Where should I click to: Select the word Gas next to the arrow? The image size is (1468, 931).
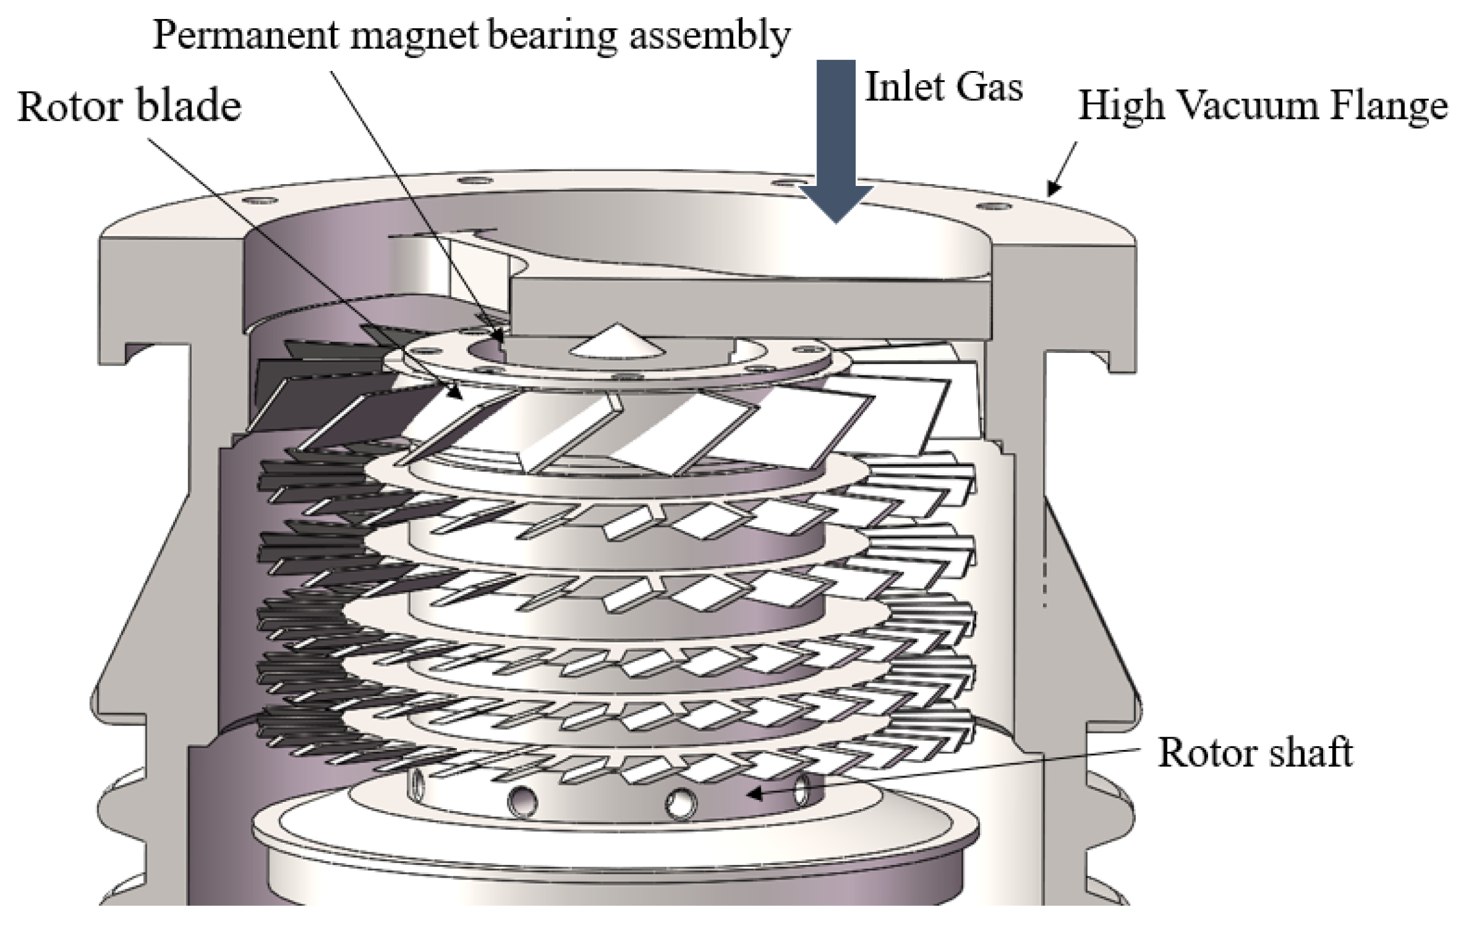click(990, 87)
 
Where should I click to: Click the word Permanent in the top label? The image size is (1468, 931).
click(245, 35)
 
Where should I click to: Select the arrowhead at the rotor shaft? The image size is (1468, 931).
click(755, 793)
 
